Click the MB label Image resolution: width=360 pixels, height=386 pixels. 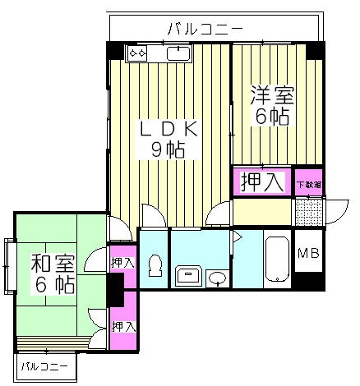[x=308, y=254]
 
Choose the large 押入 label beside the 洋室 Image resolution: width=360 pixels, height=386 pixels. [x=262, y=182]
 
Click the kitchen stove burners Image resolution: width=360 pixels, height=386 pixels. [x=136, y=54]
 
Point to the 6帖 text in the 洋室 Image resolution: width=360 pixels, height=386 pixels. [x=272, y=117]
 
